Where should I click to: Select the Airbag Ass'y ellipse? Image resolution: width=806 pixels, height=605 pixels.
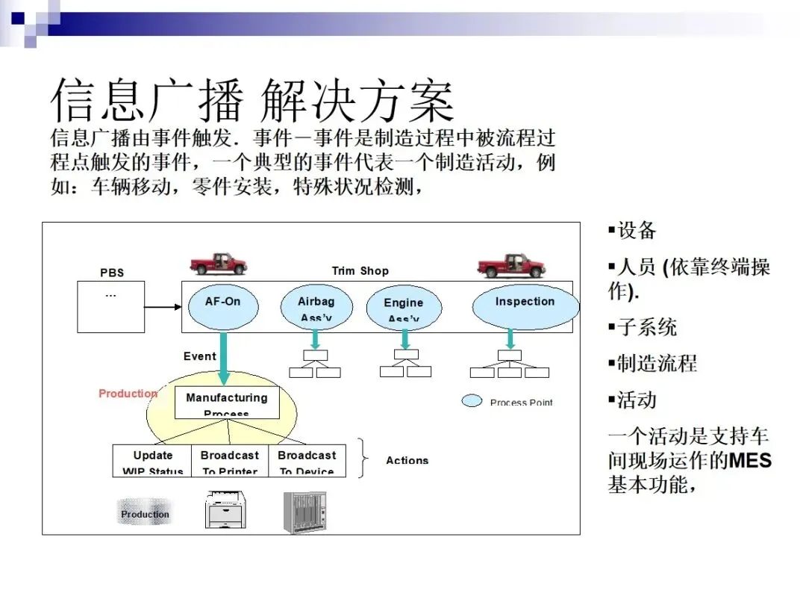(x=316, y=307)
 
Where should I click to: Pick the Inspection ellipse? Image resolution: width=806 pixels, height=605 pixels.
(x=525, y=305)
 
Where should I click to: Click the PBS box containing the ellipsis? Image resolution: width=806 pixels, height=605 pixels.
(x=110, y=306)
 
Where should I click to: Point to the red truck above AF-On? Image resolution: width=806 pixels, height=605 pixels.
(x=218, y=264)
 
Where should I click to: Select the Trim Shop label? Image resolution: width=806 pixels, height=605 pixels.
(x=360, y=271)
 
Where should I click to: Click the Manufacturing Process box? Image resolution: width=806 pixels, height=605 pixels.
(x=226, y=403)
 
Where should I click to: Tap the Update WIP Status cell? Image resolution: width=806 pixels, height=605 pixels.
(x=153, y=462)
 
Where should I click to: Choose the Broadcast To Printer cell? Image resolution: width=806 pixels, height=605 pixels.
(x=230, y=462)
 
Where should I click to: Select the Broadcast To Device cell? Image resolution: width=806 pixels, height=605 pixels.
(x=307, y=462)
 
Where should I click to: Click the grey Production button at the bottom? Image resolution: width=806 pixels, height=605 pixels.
(x=145, y=515)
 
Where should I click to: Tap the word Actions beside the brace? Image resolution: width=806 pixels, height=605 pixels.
(x=407, y=460)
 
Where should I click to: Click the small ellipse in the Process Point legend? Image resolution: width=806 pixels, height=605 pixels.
(x=472, y=401)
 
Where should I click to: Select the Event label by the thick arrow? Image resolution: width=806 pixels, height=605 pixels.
(x=199, y=356)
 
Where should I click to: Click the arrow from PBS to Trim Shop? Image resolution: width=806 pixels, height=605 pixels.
(x=163, y=306)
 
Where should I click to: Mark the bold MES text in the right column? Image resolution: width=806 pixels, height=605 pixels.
(x=750, y=459)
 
